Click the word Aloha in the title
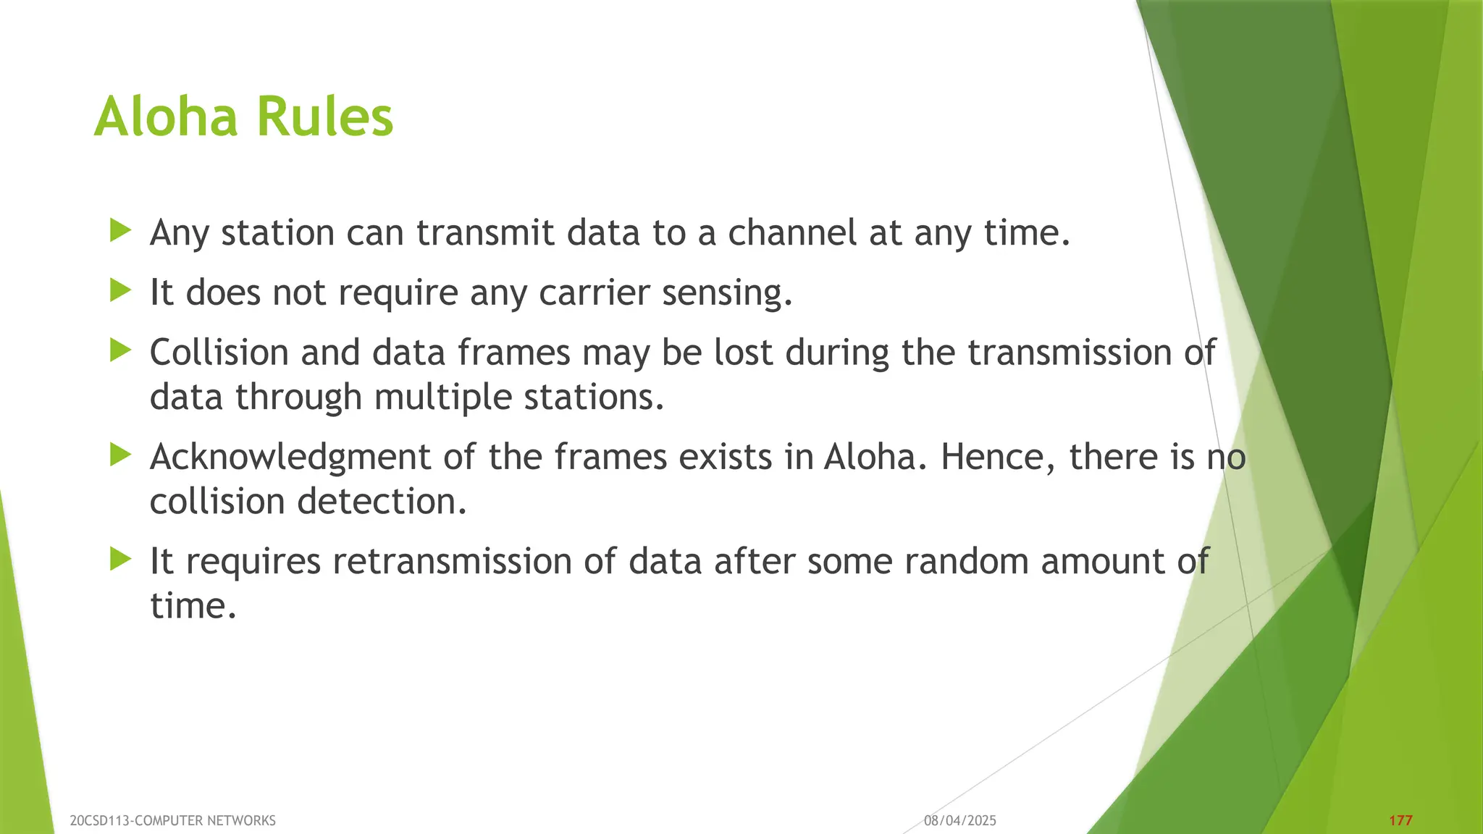point(166,117)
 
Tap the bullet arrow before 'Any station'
point(120,232)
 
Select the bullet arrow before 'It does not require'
point(120,292)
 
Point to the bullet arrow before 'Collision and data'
point(120,352)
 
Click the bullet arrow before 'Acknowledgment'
point(120,456)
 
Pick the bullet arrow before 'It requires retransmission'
point(120,560)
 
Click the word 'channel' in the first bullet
point(792,233)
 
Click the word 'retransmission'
point(452,562)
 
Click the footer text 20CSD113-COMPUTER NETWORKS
point(173,821)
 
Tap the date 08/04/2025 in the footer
point(960,821)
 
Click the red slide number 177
point(1400,821)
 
